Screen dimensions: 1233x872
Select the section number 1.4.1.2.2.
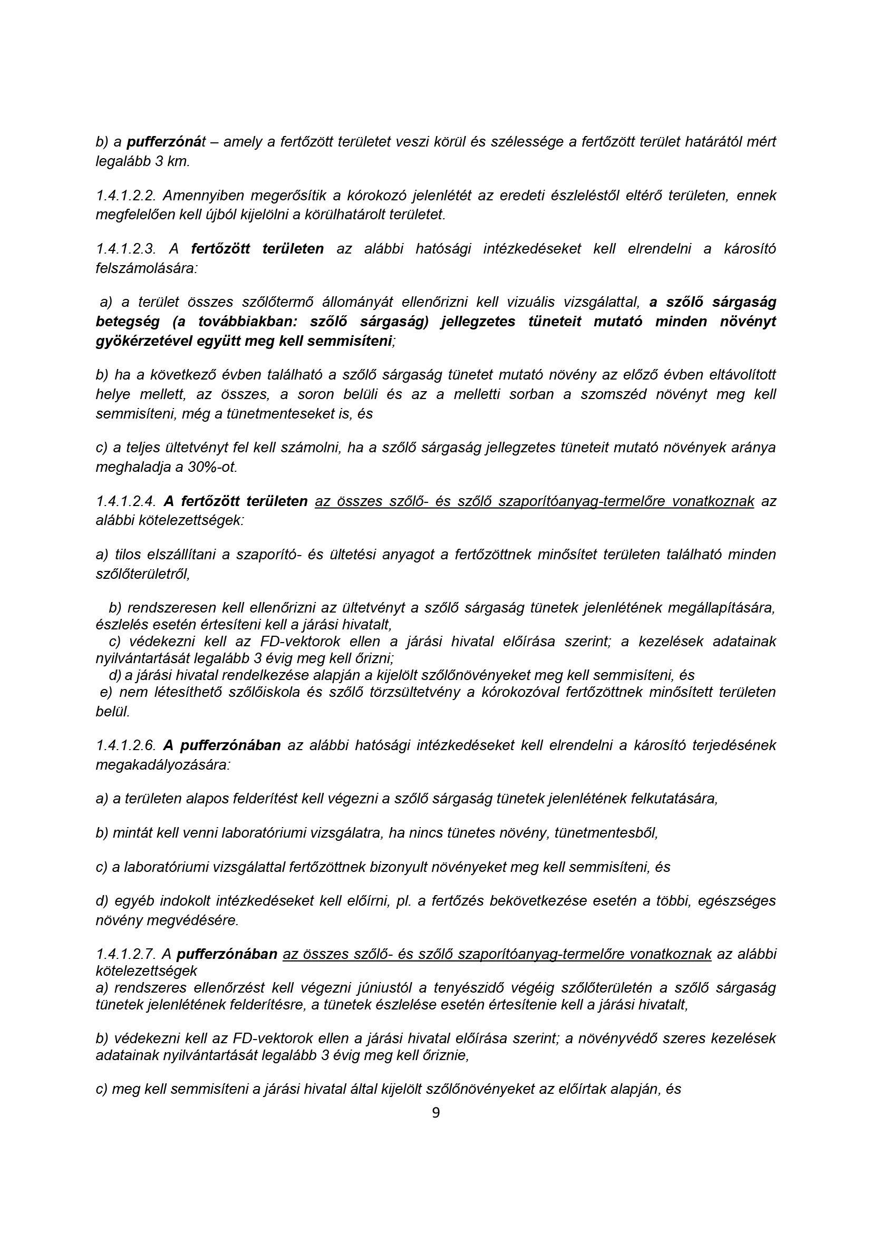[x=125, y=196]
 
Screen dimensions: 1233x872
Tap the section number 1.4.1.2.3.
[x=125, y=249]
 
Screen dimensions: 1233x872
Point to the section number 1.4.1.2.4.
[x=125, y=501]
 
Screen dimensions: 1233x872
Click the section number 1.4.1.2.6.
[x=125, y=745]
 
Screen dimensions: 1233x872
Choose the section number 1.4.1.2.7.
[x=125, y=954]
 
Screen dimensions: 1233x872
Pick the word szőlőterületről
[x=143, y=574]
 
